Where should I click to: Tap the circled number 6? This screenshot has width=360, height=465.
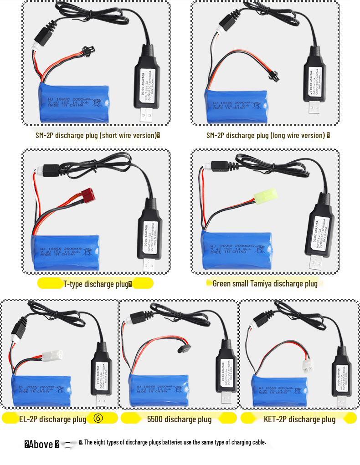[98, 418]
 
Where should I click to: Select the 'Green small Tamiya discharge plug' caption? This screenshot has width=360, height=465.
[265, 283]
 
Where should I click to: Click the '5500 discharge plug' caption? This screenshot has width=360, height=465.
[179, 419]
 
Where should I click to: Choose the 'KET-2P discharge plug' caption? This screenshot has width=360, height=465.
[299, 419]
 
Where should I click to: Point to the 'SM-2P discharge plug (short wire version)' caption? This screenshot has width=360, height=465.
[98, 135]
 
